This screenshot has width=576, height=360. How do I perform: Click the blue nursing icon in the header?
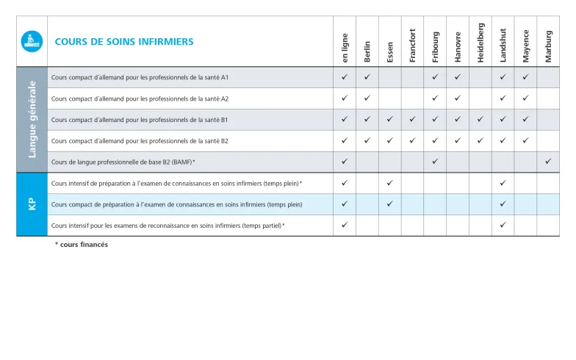point(32,41)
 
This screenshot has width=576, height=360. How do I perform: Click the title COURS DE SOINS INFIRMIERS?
point(124,42)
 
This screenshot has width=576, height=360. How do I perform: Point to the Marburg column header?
point(549,46)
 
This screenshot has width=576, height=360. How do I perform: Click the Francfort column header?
point(413,45)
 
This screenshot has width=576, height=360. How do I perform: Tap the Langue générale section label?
point(32,120)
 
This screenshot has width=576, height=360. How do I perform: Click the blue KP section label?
point(32,204)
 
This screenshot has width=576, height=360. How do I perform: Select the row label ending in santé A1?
point(140,77)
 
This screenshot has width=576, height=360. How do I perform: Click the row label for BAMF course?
point(123,162)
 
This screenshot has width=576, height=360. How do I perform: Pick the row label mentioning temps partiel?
point(168,226)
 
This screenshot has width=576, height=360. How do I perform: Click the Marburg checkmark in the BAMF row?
point(548,161)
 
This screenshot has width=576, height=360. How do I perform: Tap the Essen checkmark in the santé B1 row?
point(390,119)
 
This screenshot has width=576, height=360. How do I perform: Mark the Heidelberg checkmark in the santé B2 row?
point(480,140)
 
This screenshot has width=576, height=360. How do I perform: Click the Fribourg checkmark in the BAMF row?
point(435,161)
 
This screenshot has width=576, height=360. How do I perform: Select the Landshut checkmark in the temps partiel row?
point(503,225)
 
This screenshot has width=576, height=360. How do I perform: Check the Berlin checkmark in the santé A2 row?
point(367,98)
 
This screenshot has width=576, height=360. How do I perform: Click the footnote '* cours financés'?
point(82,245)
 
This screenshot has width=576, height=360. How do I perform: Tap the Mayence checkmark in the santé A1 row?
point(525,76)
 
